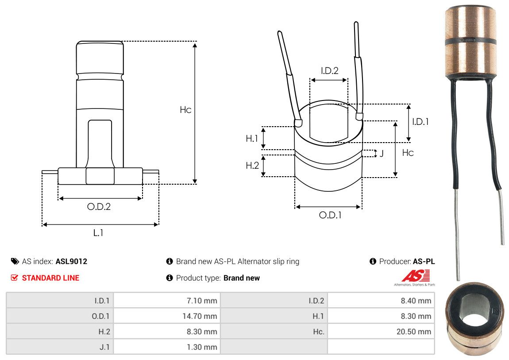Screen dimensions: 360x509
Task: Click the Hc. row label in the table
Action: [x=318, y=332]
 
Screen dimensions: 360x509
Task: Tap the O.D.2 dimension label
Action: [x=99, y=207]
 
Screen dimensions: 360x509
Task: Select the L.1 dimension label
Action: [x=98, y=232]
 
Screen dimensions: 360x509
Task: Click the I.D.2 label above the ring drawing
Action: [x=329, y=70]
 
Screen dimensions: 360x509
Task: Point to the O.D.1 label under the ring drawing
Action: [x=330, y=216]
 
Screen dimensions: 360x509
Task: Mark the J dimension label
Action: [x=381, y=154]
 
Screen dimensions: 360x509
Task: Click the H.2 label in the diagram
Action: [x=252, y=166]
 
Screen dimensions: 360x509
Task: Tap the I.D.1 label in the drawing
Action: [x=420, y=121]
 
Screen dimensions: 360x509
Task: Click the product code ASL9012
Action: [x=71, y=261]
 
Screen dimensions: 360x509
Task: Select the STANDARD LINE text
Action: [x=50, y=278]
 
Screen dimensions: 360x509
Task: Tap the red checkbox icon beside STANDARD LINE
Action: [x=15, y=278]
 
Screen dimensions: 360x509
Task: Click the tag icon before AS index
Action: [x=15, y=261]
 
